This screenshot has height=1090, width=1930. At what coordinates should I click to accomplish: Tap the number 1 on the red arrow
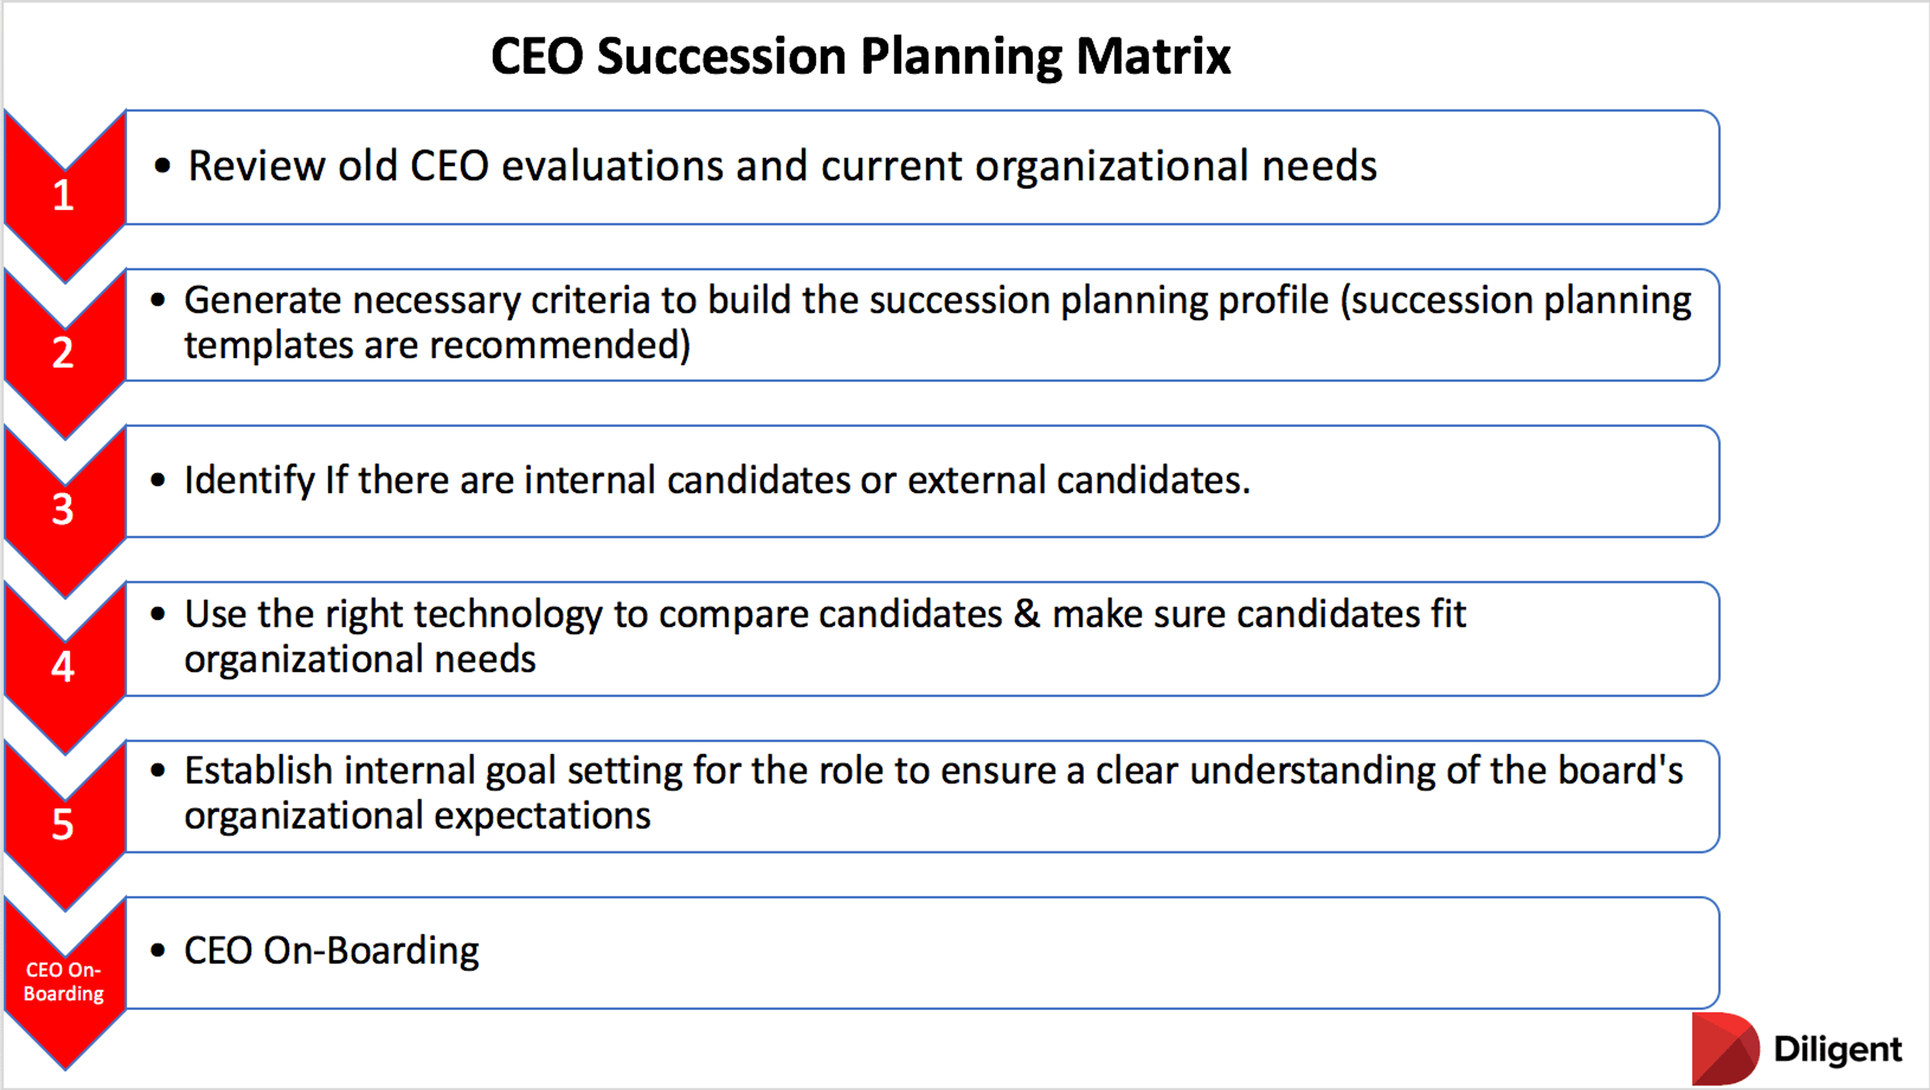click(x=63, y=195)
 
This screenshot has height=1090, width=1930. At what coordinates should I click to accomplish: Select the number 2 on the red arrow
click(x=63, y=352)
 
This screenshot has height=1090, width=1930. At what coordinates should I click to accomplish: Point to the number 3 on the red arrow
click(x=63, y=509)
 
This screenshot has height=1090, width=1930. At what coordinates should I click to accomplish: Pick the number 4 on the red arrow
click(x=63, y=666)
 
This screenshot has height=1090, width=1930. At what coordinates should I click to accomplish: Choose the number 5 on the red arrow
click(x=63, y=824)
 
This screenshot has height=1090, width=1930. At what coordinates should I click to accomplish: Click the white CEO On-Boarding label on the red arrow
click(x=64, y=981)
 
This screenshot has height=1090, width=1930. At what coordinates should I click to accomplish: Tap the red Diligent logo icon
click(x=1725, y=1048)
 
